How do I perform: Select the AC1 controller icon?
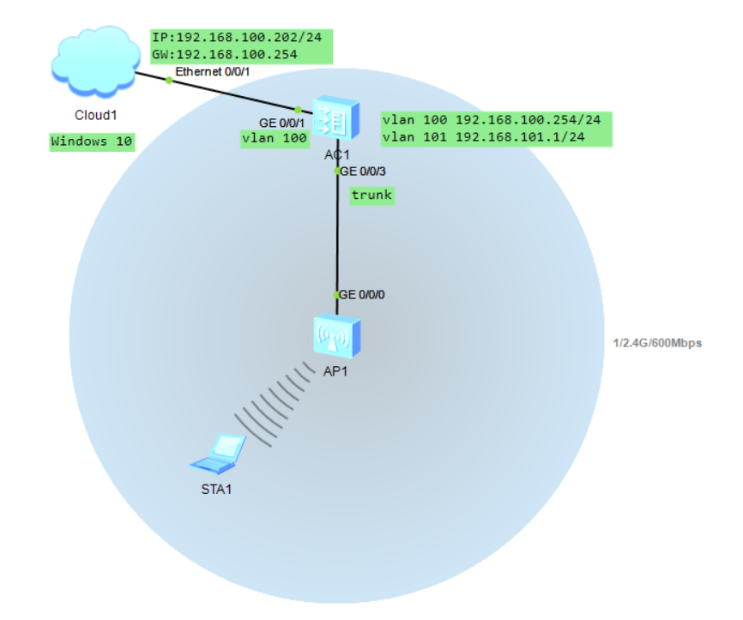(334, 119)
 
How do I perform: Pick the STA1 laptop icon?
(219, 454)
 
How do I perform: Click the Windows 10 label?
(92, 141)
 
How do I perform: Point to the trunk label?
(371, 196)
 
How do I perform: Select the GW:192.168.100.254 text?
(225, 54)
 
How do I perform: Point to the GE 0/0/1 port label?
(281, 123)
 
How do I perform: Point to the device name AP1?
(335, 372)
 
